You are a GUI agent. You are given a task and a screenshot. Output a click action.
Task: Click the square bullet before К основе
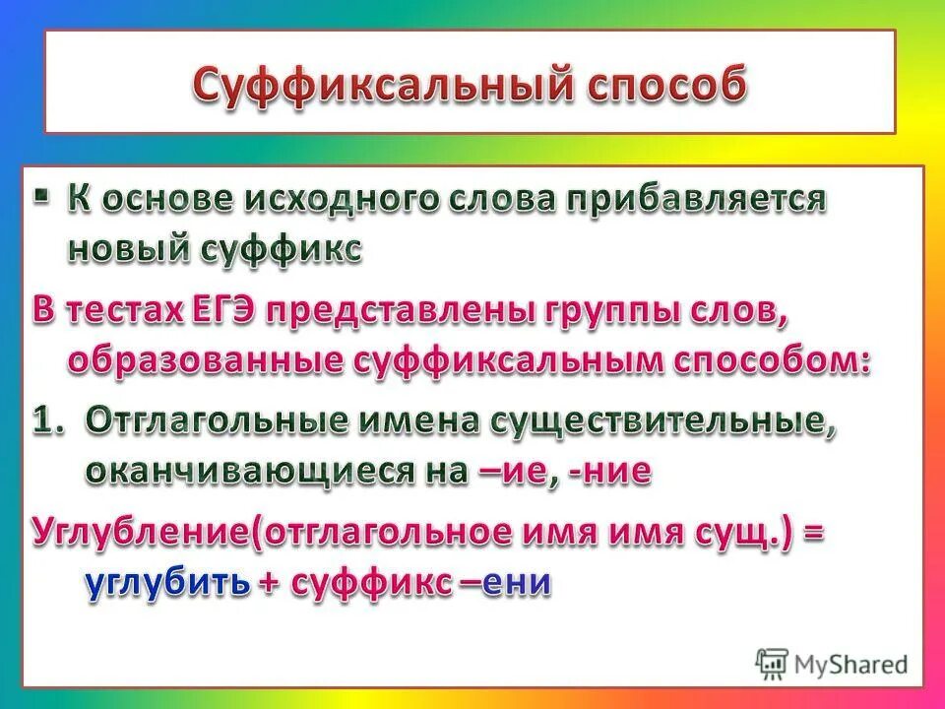[x=40, y=196]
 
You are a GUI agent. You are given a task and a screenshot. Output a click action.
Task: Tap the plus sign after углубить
[x=268, y=583]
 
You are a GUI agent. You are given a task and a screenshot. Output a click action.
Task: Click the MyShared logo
[x=832, y=663]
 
